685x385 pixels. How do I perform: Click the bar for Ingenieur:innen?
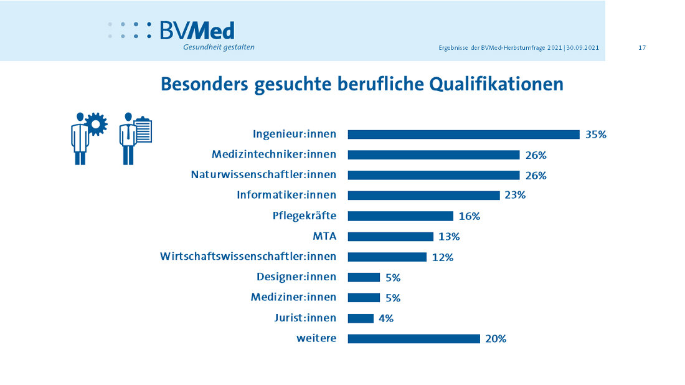[463, 134]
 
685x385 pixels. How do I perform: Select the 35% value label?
[595, 134]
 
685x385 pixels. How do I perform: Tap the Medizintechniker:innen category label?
[274, 154]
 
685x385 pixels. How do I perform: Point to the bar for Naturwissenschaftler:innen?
[433, 175]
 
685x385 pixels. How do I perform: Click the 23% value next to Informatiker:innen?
[515, 195]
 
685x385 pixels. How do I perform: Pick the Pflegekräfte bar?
[400, 216]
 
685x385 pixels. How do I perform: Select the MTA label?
[324, 236]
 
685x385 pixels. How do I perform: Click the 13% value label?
[448, 236]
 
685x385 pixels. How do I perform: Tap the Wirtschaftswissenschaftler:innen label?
[248, 256]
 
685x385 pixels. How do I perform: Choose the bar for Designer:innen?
[364, 277]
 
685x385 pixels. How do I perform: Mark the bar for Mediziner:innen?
[364, 297]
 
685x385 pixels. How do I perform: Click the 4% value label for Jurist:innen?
[385, 318]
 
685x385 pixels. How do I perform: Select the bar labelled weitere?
[413, 338]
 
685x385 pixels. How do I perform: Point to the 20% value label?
[496, 338]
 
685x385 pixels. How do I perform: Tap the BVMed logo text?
[197, 31]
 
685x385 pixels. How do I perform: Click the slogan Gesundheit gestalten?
[219, 47]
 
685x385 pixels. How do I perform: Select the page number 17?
[642, 48]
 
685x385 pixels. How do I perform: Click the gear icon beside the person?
[95, 124]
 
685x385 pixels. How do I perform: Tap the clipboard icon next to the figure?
[143, 130]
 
